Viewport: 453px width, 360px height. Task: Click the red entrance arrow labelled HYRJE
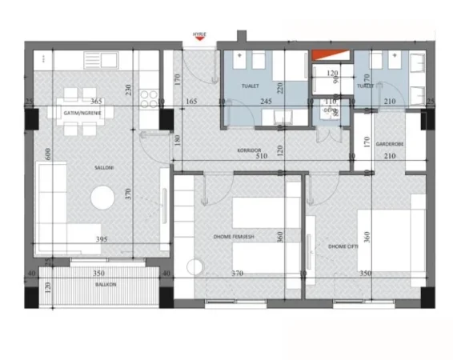point(198,36)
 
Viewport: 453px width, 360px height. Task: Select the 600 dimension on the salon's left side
point(48,157)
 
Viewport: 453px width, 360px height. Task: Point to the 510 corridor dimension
point(262,157)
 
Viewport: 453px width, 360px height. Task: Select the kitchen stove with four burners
point(149,98)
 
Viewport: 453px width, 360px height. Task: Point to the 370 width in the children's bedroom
point(237,274)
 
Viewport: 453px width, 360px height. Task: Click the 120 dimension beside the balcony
point(47,286)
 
